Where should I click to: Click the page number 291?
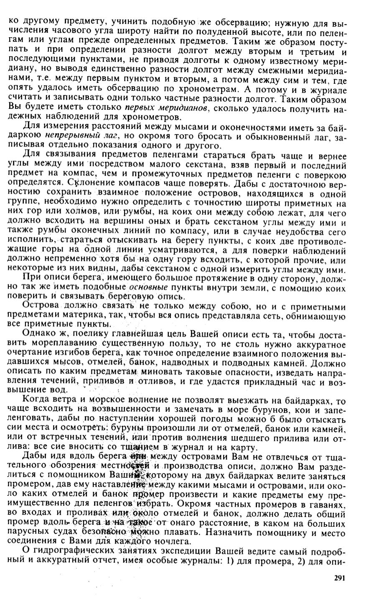(339, 578)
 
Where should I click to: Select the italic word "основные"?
(148, 288)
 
